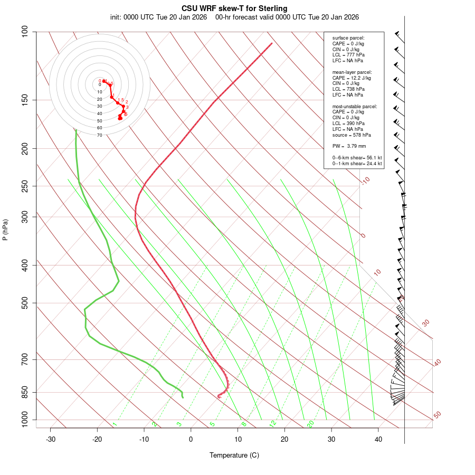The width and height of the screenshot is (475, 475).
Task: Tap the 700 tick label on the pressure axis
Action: pos(26,360)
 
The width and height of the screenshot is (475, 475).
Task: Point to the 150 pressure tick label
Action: pos(26,100)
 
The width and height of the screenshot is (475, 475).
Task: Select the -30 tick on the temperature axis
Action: pos(51,439)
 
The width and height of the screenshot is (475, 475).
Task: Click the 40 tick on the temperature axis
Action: pos(378,439)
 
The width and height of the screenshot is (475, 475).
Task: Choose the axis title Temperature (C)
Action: pos(234,455)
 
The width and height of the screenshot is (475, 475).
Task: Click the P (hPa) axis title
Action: pos(5,230)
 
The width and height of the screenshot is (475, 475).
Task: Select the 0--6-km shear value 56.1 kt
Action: pos(372,158)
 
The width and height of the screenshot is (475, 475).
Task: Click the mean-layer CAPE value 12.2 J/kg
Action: pos(358,78)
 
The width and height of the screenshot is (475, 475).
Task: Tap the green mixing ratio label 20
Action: pos(310,424)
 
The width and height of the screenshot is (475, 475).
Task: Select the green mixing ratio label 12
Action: pos(273,424)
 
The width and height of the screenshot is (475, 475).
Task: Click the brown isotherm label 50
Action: pos(437,415)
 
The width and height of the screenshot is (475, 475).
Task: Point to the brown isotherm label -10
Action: pos(366,180)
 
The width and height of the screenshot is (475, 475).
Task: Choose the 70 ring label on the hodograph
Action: pos(99,135)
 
